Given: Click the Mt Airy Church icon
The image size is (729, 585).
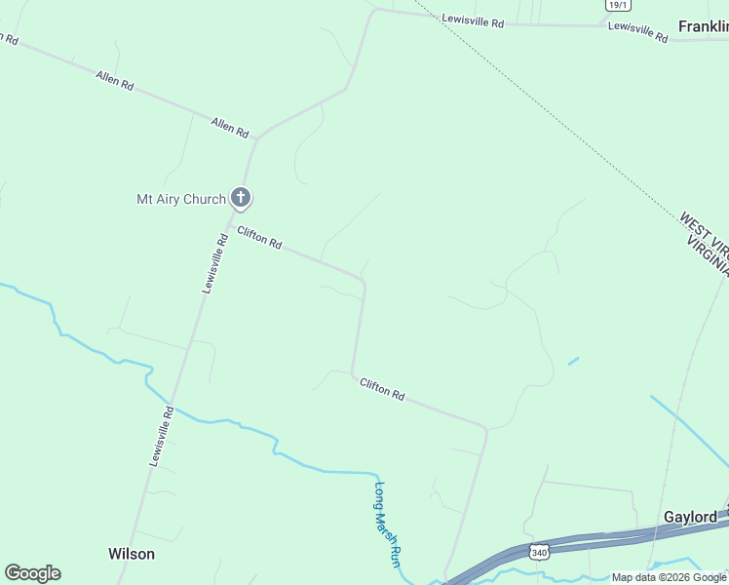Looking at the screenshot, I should [x=241, y=198].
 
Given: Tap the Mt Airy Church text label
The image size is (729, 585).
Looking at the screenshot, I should [x=180, y=200].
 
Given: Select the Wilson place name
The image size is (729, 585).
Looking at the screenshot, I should [x=131, y=554].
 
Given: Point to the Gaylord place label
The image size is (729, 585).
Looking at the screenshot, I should [x=690, y=517].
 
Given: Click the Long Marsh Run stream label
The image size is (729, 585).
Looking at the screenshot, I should [x=388, y=526].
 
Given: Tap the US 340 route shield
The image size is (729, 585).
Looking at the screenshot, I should [x=539, y=553].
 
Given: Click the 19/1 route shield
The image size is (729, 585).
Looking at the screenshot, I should [x=617, y=5].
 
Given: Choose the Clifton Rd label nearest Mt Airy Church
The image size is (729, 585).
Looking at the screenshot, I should [x=259, y=238].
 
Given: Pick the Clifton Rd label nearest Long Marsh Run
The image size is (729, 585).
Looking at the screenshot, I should [x=382, y=389].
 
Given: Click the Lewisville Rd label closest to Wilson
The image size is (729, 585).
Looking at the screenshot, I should [x=161, y=436].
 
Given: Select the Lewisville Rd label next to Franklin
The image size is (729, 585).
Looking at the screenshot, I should [x=637, y=31].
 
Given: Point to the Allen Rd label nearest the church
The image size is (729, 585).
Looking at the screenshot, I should [x=231, y=127].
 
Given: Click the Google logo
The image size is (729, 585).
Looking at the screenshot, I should [x=32, y=573].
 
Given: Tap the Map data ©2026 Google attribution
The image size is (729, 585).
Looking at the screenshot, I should [x=669, y=577].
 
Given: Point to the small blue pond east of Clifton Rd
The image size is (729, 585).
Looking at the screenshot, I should [x=573, y=361].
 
